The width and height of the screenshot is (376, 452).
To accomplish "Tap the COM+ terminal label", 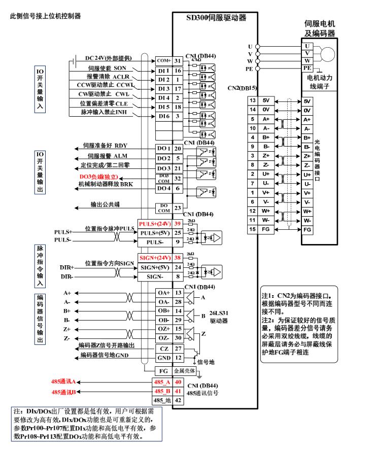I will point(163,61).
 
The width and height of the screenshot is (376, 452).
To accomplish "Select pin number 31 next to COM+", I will point(178,61).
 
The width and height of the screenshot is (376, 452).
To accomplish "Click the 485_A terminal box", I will point(163,382).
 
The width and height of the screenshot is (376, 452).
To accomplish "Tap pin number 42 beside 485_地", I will point(178,400).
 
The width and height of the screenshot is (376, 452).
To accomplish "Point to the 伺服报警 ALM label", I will point(107,156).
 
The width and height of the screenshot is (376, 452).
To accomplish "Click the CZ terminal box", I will point(163,349).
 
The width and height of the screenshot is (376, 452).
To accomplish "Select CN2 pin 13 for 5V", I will point(251,100).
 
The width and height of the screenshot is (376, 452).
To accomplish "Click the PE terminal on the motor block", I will point(307,67).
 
